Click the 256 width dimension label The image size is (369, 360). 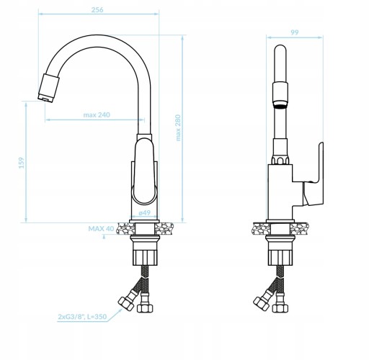tap(97, 10)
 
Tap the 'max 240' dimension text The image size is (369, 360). tap(97, 114)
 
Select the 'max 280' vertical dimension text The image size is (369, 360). tap(178, 127)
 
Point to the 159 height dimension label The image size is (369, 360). tap(22, 163)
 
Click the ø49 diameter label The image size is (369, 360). tap(145, 212)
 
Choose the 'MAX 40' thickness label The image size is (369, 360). tap(101, 228)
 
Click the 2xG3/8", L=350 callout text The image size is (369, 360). tap(82, 317)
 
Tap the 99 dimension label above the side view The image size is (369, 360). tap(295, 32)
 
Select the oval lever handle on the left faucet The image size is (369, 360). tap(145, 171)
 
